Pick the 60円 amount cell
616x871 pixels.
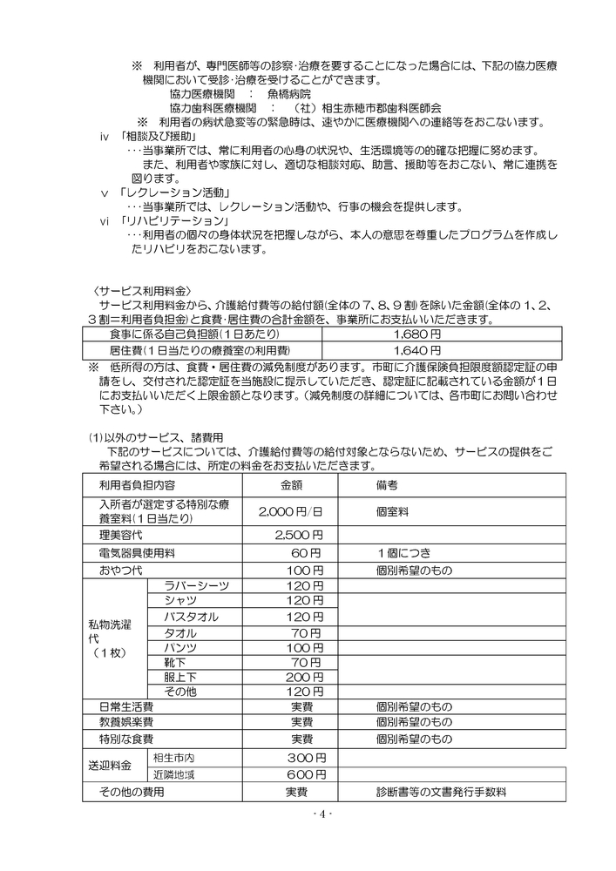pos(307,552)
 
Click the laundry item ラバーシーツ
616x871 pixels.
pos(196,586)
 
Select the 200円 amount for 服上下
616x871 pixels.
pos(299,677)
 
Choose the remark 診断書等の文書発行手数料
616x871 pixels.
pos(441,793)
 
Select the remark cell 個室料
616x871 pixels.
pos(392,512)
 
